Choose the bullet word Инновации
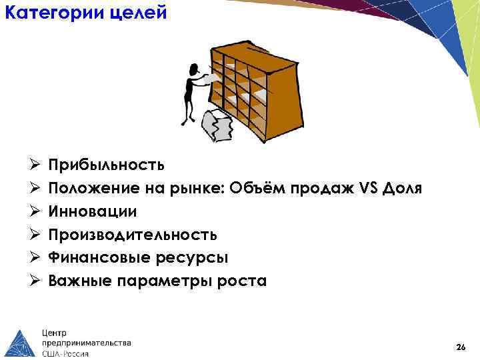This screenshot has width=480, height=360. (93, 212)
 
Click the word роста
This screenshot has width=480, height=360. (243, 281)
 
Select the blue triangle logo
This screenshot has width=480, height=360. (20, 343)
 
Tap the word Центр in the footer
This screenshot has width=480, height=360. (55, 331)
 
